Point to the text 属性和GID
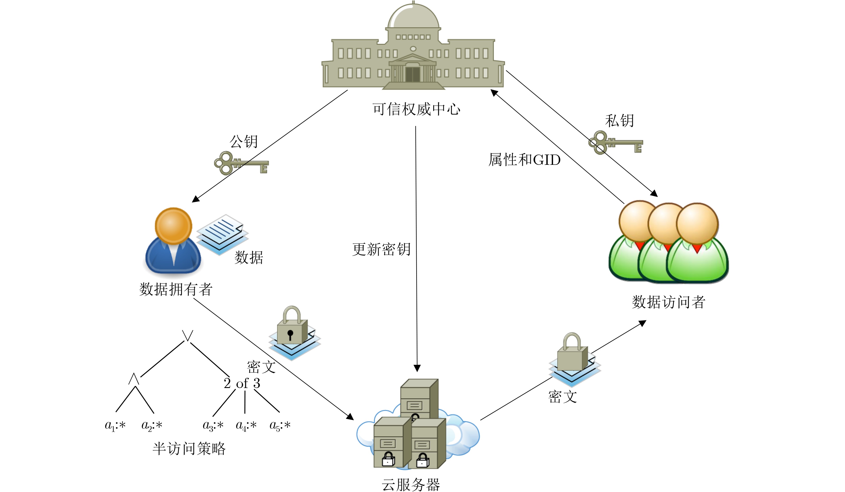tap(524, 160)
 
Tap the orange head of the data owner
tap(173, 226)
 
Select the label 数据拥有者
tap(176, 289)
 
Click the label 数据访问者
tap(668, 302)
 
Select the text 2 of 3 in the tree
tap(242, 383)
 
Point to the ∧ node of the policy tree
tap(134, 379)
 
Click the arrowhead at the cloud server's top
tap(417, 368)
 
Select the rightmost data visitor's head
tap(697, 224)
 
